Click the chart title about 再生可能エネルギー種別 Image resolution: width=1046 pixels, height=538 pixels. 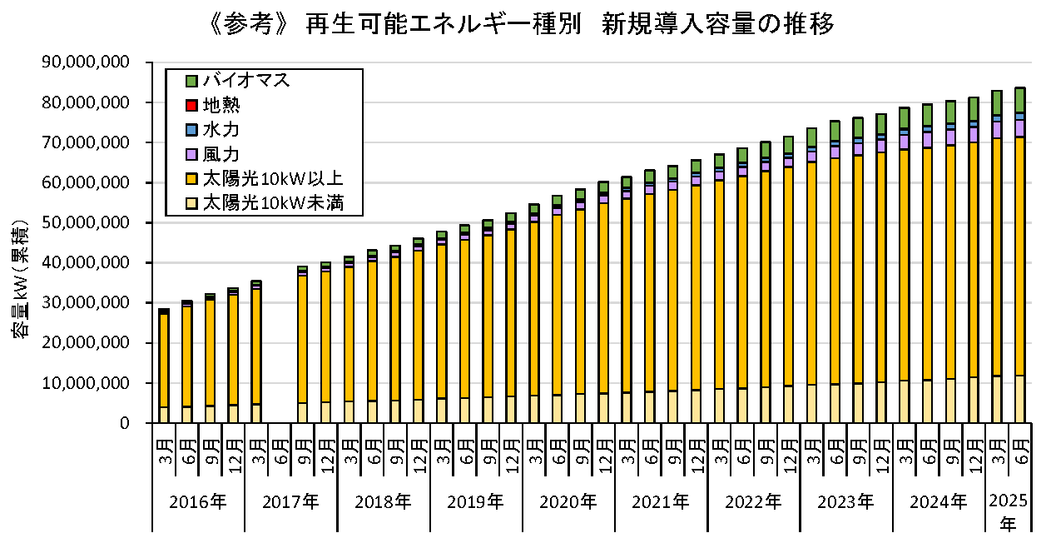point(523,25)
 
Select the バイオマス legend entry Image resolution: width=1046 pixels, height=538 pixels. point(246,81)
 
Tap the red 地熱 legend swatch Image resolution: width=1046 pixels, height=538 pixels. point(191,106)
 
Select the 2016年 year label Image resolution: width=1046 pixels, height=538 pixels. point(197,502)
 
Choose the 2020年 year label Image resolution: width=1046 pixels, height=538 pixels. point(568,502)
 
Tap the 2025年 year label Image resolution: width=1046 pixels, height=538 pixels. point(1008,511)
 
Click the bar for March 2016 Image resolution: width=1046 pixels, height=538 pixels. point(164,366)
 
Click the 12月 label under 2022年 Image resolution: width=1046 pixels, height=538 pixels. point(789,449)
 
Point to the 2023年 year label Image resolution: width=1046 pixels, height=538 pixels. point(846,502)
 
